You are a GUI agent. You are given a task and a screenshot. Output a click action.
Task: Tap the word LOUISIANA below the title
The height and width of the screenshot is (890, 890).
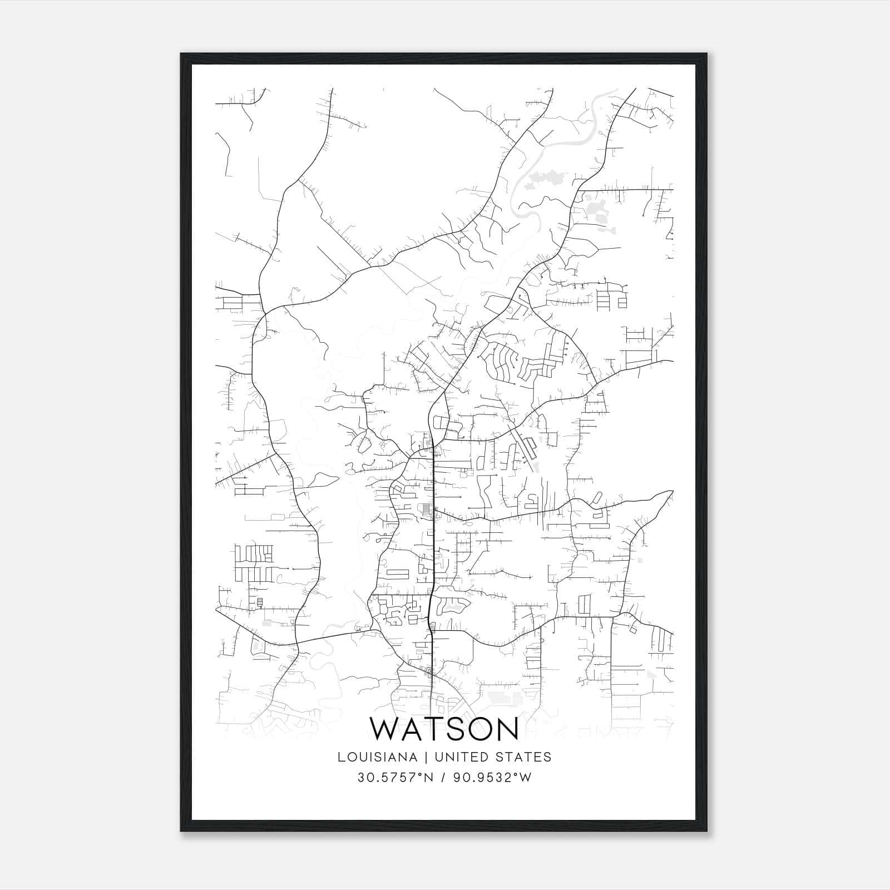377,756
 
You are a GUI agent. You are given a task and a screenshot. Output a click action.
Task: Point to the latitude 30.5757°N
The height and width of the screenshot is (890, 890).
395,777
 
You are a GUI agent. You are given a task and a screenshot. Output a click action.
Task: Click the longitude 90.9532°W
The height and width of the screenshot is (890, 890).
493,777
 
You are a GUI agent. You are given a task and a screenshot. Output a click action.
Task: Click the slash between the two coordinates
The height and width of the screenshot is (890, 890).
443,777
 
